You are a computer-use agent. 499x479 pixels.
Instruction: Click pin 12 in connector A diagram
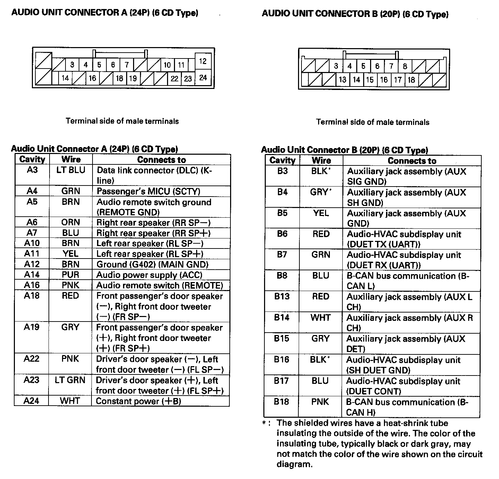click(203, 61)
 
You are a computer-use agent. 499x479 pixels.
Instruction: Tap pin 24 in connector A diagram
click(203, 78)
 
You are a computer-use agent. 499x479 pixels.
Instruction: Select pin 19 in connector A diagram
click(133, 79)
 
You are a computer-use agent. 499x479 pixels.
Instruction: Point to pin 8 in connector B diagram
click(405, 66)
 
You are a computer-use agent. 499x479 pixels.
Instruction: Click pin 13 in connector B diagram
click(342, 80)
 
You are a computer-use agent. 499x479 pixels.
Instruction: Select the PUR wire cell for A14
click(71, 275)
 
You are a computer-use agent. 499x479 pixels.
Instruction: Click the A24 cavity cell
click(32, 401)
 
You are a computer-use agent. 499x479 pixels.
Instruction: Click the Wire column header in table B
click(321, 161)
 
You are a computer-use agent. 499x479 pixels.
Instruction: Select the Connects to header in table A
click(161, 160)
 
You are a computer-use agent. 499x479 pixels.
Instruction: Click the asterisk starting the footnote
click(264, 423)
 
